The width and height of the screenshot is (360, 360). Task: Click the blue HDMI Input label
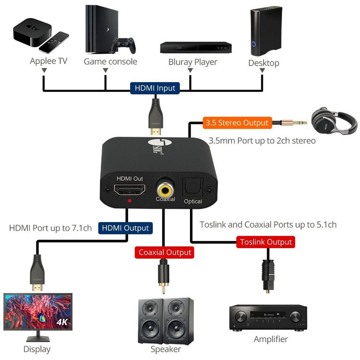tap(155, 88)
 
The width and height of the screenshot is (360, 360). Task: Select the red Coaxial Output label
tap(164, 253)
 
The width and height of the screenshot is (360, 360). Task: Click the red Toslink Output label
tap(266, 242)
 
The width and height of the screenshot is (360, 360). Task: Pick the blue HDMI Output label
tap(125, 228)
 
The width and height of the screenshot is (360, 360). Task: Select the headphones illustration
tap(334, 120)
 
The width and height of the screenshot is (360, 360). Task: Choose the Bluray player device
tap(196, 47)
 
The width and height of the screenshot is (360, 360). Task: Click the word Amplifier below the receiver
tap(271, 339)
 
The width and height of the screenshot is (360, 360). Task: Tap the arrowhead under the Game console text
tap(106, 70)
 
